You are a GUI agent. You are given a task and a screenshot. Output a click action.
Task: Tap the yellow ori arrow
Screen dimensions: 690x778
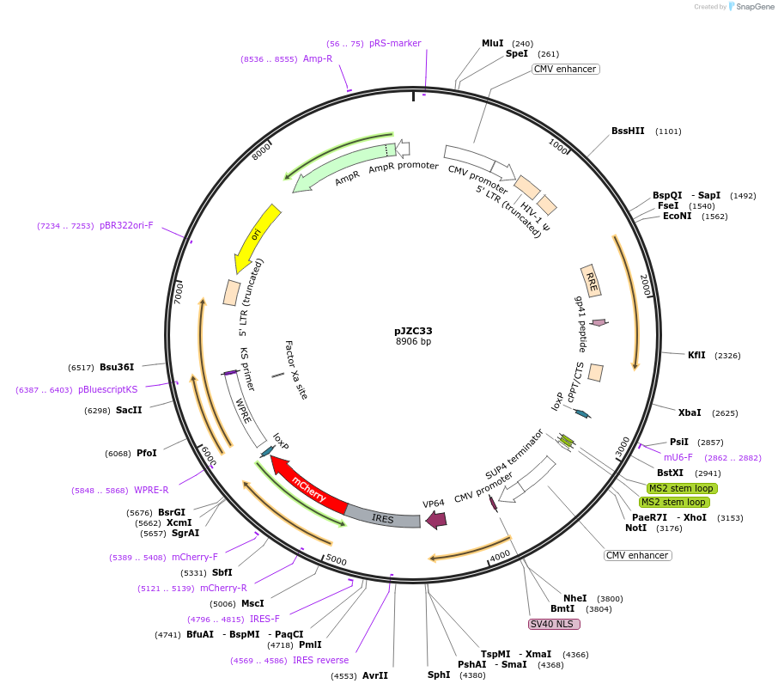tap(258, 235)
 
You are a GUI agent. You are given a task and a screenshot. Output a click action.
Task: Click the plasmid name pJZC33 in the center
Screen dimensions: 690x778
tap(413, 330)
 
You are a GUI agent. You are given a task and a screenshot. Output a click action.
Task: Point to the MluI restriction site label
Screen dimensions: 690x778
tap(493, 43)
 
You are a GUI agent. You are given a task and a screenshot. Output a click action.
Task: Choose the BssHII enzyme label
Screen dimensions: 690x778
tap(628, 131)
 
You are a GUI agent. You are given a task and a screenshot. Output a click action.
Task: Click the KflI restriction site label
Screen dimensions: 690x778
tap(696, 355)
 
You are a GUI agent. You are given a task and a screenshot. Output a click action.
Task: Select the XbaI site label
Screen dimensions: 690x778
tap(690, 412)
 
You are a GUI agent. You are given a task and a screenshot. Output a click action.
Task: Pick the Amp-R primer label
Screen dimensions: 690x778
tap(318, 58)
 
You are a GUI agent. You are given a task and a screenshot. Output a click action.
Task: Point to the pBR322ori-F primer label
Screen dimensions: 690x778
tap(126, 225)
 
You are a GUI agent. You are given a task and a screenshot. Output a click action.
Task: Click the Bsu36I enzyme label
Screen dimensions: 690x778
tap(117, 367)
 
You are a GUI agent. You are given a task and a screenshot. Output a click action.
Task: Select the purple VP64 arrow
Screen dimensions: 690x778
tap(436, 519)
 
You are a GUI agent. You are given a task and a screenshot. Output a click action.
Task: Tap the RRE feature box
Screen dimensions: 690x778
tap(591, 279)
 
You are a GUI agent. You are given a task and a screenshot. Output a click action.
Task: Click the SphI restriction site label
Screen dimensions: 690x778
tap(439, 675)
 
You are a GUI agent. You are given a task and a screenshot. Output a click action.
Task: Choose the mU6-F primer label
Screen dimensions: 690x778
tap(678, 457)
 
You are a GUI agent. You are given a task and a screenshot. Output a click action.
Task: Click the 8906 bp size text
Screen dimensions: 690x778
tap(413, 342)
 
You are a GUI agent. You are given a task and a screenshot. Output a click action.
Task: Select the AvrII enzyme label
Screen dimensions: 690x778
tap(375, 675)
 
